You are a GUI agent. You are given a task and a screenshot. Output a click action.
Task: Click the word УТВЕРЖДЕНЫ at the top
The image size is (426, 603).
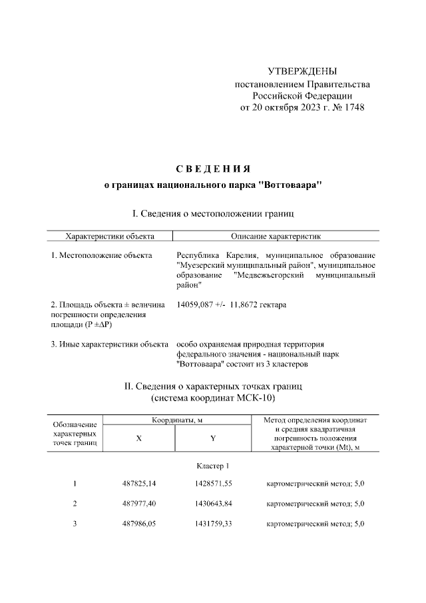pyautogui.click(x=302, y=71)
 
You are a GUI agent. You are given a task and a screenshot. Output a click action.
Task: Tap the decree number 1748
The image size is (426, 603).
pyautogui.click(x=353, y=107)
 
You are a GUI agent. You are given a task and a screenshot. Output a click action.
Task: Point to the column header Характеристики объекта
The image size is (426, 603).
pyautogui.click(x=109, y=236)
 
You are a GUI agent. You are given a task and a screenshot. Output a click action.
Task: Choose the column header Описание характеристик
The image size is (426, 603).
pyautogui.click(x=276, y=236)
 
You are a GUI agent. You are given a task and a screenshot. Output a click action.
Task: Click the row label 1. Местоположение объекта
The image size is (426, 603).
pyautogui.click(x=101, y=256)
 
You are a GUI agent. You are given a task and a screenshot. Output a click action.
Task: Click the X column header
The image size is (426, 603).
pyautogui.click(x=139, y=438)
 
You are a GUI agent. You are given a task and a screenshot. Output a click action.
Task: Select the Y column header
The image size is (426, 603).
pyautogui.click(x=212, y=438)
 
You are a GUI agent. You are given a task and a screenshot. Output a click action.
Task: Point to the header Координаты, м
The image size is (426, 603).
pyautogui.click(x=176, y=420)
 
